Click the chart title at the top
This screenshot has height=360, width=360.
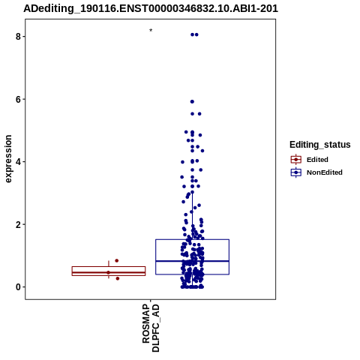151,8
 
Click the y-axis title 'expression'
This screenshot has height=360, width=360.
8,159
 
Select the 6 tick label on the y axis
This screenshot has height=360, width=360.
18,99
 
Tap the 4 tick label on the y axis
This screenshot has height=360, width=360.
18,162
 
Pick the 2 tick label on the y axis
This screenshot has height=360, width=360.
18,224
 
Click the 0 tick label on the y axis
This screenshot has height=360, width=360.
18,287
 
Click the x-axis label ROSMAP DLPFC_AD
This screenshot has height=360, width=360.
151,328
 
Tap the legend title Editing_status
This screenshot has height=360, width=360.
320,145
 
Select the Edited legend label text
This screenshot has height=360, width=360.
317,160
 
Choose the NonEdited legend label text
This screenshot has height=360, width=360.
325,172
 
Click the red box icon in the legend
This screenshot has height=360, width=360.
296,160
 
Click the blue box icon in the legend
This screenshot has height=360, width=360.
296,172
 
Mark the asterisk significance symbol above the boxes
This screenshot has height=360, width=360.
151,31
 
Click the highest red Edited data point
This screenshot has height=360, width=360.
116,261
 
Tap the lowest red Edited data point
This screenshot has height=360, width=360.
118,278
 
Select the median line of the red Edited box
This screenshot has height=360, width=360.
109,272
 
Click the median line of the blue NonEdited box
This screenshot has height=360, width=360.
193,261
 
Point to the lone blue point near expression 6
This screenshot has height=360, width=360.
192,101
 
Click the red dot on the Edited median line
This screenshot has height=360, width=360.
108,272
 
